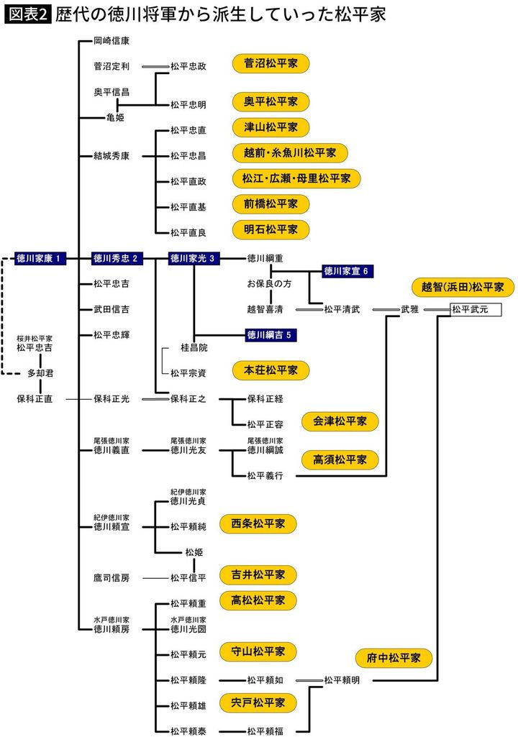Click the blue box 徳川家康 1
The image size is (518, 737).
tap(41, 258)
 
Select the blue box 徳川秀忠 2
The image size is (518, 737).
tap(118, 258)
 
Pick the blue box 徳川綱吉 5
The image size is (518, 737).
tap(271, 335)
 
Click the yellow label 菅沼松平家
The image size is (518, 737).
tap(271, 64)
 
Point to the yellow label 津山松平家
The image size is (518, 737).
tap(271, 127)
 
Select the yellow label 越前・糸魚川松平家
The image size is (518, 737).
tap(290, 153)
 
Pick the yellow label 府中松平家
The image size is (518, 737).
tap(394, 657)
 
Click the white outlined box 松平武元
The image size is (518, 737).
tap(475, 309)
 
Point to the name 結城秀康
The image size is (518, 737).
tap(112, 155)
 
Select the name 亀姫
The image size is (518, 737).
tap(115, 117)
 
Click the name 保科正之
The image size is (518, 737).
tap(188, 399)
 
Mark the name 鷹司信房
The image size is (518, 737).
tap(112, 577)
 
